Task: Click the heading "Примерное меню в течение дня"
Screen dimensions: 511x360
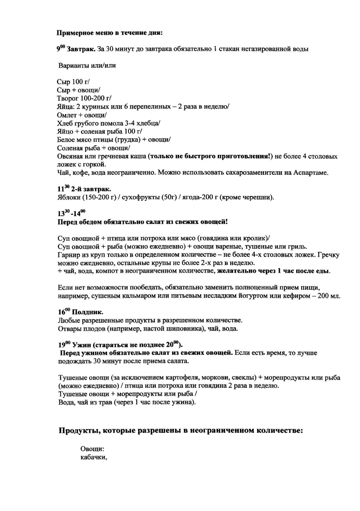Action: pyautogui.click(x=109, y=32)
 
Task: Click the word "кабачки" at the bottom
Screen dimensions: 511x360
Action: pyautogui.click(x=93, y=458)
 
